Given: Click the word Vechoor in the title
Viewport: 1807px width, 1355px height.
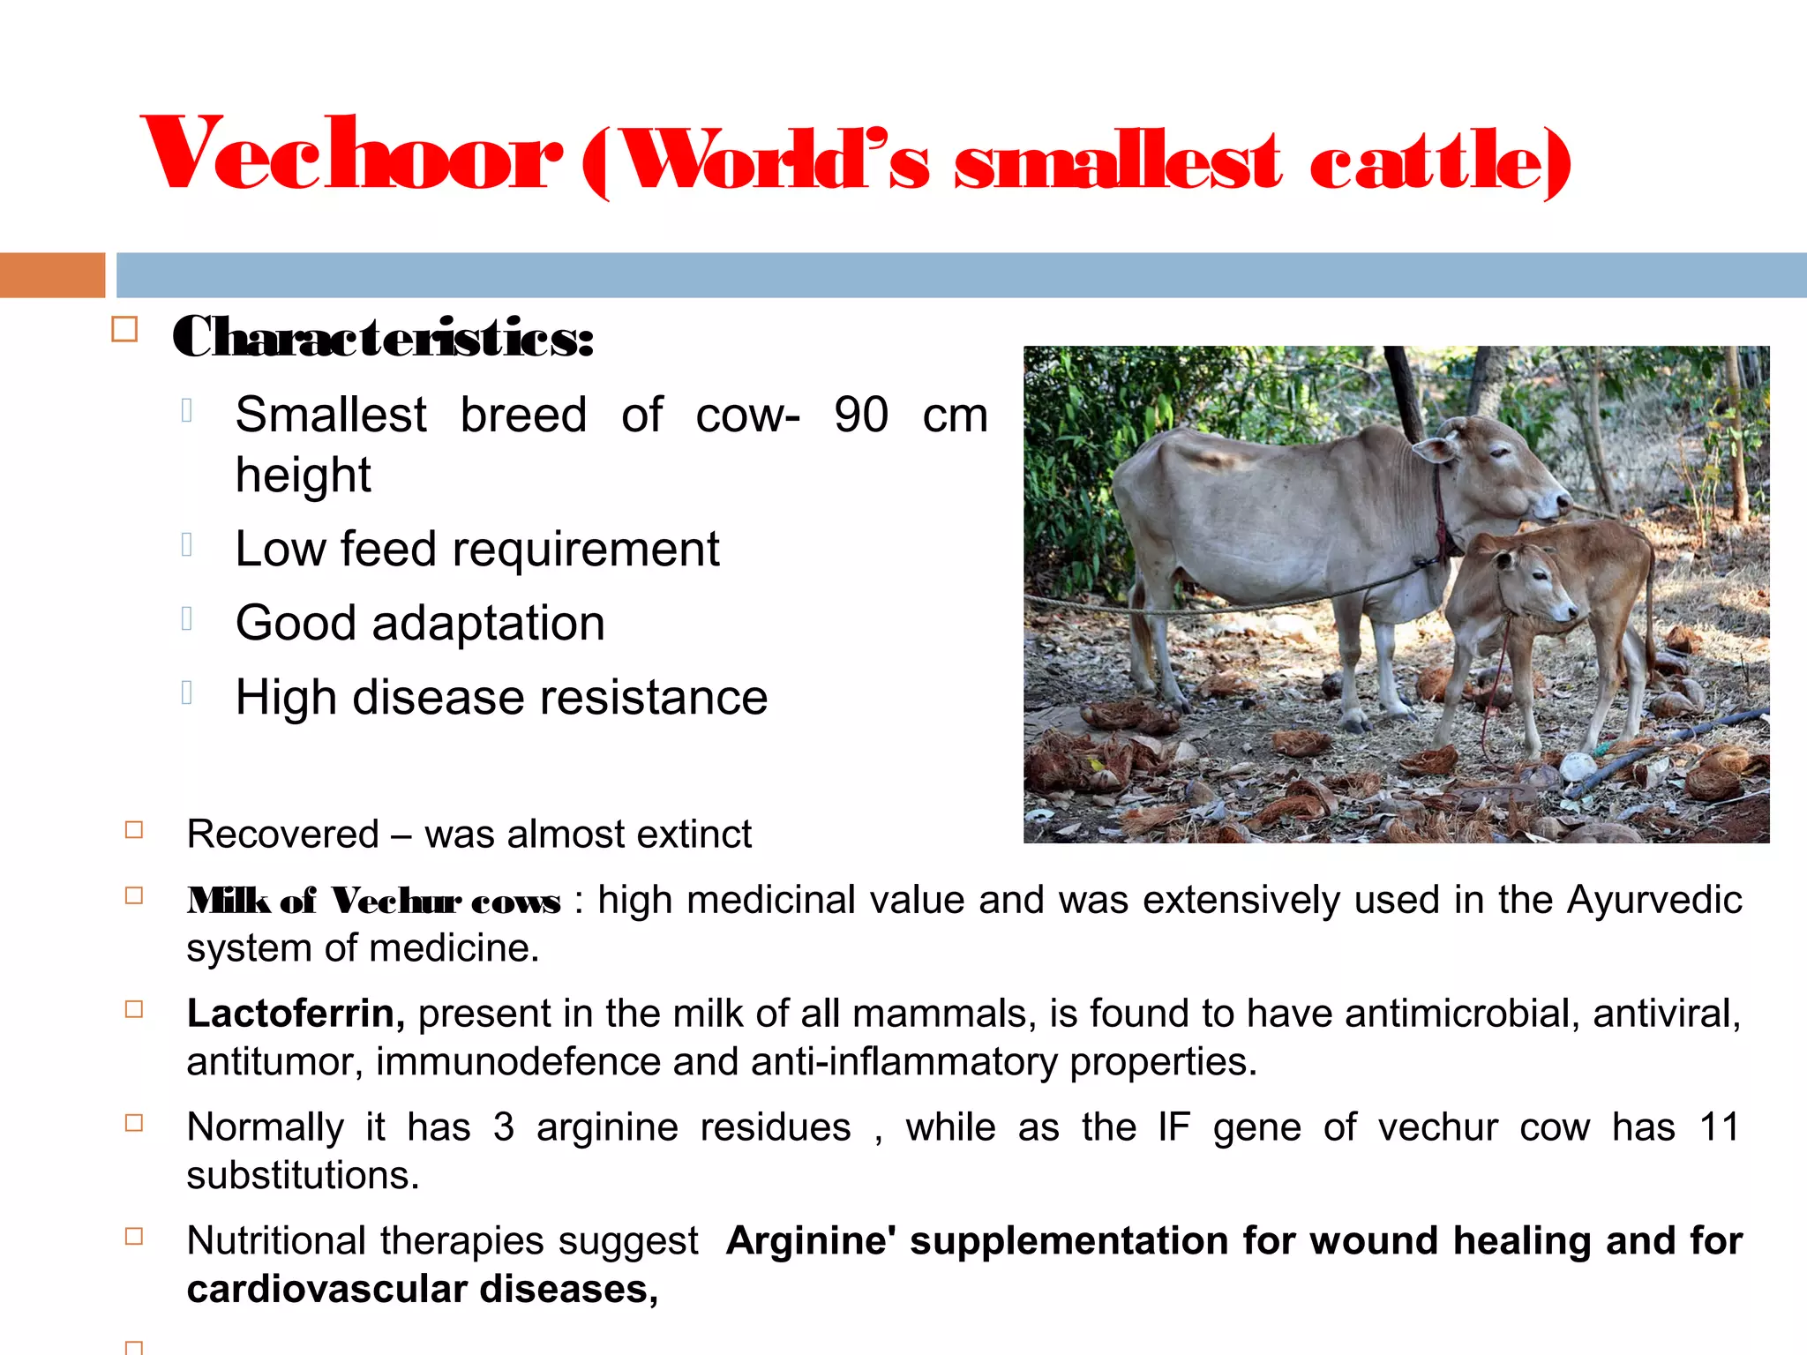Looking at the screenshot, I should point(351,154).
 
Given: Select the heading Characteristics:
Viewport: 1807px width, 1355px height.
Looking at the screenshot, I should point(383,337).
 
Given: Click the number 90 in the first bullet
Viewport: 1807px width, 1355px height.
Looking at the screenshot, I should point(861,415).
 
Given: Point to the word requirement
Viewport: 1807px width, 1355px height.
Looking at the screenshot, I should point(586,550).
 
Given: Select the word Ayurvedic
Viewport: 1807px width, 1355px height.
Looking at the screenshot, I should point(1654,901).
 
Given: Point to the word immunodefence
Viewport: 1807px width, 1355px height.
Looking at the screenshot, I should point(518,1062).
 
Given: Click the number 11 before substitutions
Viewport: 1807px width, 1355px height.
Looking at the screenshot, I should point(1719,1127).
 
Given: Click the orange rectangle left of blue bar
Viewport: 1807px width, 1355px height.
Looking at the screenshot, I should point(52,275).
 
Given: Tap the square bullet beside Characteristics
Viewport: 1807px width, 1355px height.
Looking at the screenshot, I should point(124,330).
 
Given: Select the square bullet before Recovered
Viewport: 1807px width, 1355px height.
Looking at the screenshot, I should point(134,830).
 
